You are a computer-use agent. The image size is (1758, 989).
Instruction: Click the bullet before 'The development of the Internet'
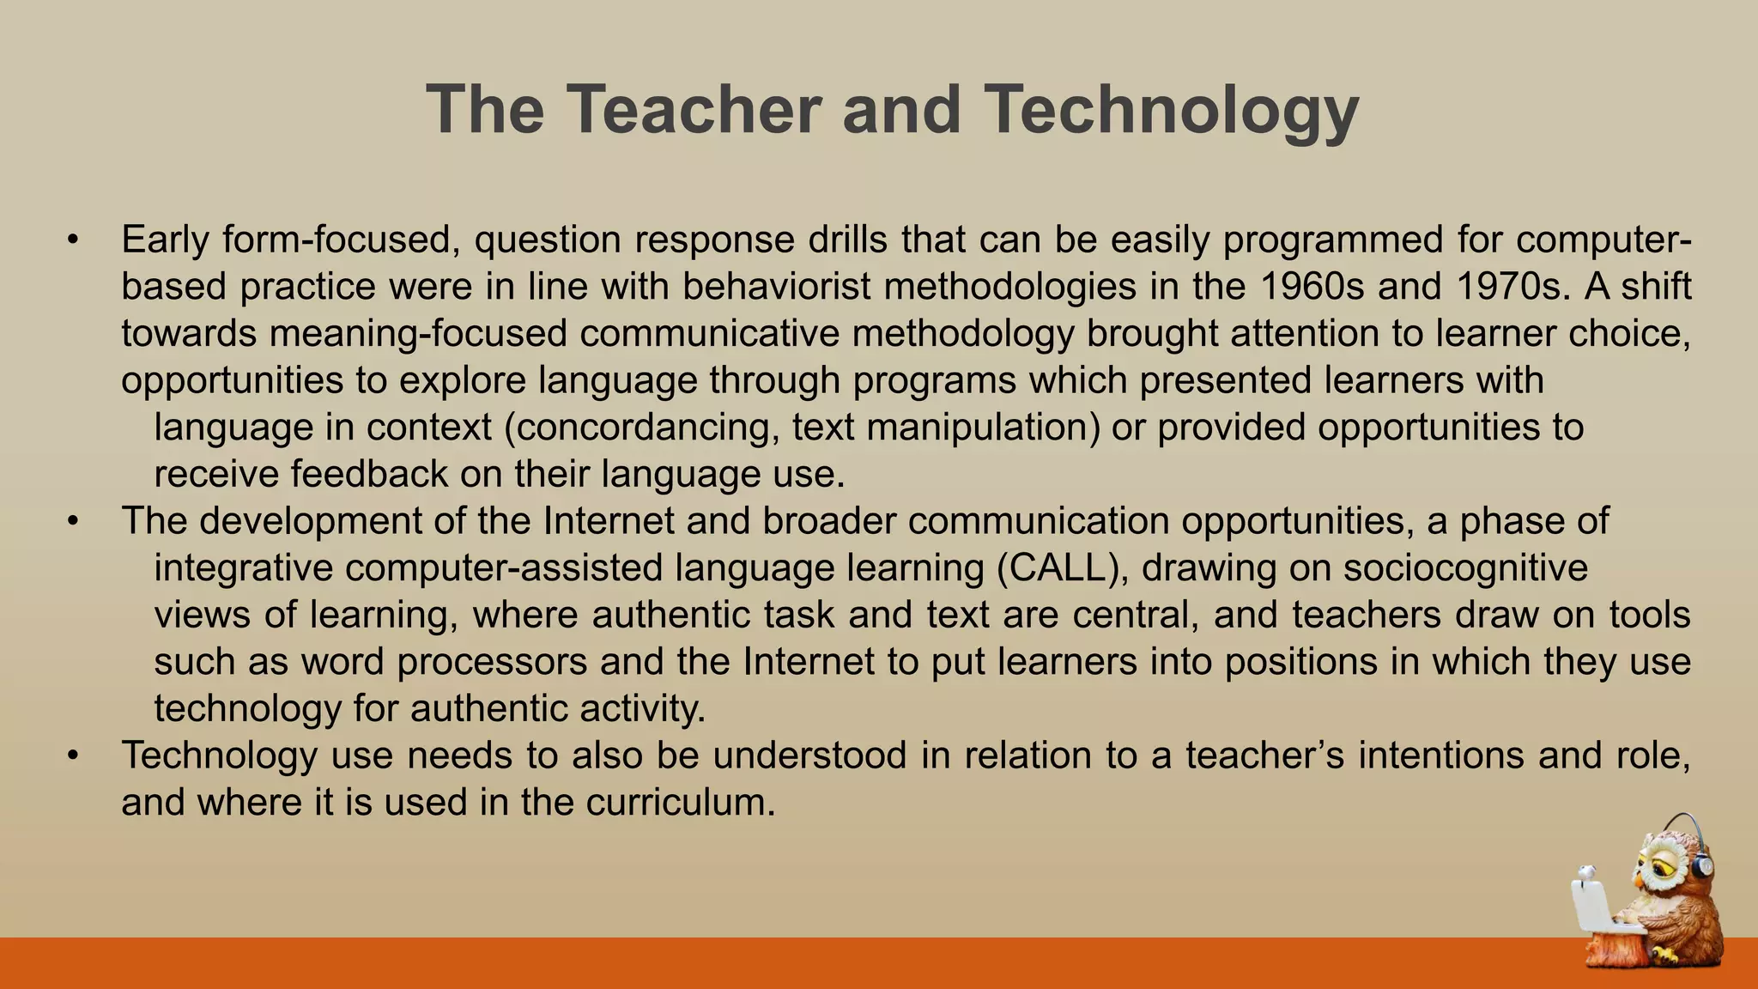tap(74, 522)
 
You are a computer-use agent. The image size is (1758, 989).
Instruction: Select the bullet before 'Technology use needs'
tap(74, 756)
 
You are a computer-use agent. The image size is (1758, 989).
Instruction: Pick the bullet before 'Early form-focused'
tap(74, 240)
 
